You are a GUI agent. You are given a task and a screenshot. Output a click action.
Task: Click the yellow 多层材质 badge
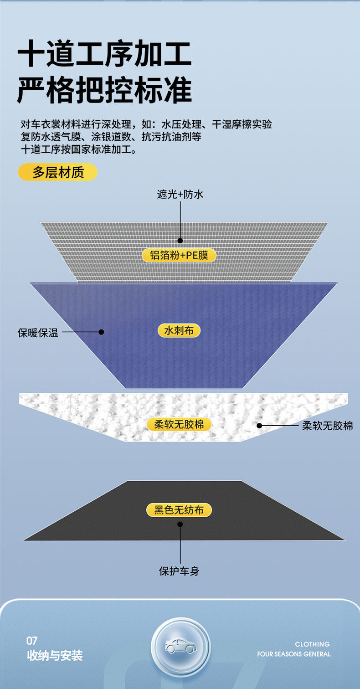pos(58,172)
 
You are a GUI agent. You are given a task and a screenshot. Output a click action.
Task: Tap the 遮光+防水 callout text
pos(180,195)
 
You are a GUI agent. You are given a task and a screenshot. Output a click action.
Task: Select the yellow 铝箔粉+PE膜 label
pos(179,255)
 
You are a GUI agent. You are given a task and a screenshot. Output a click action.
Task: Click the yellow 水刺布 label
pos(179,330)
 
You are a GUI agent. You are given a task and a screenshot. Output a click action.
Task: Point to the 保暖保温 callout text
pos(38,333)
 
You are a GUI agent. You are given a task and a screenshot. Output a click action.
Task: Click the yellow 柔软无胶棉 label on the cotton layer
pos(179,424)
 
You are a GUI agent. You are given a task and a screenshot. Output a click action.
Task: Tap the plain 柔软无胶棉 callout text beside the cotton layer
pos(327,426)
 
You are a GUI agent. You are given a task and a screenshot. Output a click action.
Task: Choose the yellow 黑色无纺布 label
pos(179,510)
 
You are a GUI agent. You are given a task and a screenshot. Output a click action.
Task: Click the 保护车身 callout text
pos(179,571)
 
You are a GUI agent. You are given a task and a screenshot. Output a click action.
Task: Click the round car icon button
pos(180,646)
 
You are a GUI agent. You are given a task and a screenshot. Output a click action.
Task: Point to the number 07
pos(32,641)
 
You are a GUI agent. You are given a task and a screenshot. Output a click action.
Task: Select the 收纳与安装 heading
pos(55,656)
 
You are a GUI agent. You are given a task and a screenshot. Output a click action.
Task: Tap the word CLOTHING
pos(312,644)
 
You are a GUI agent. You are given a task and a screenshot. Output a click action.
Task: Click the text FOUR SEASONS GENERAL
pos(293,654)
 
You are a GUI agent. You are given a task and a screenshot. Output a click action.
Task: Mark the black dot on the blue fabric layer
pos(101,332)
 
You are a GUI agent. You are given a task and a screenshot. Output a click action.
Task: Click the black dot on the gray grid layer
pos(180,240)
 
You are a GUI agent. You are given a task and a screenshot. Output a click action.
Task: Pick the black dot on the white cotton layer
pos(259,426)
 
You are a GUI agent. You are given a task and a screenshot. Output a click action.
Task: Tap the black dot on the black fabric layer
pos(180,524)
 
